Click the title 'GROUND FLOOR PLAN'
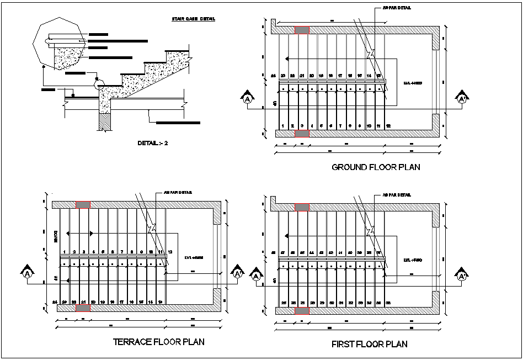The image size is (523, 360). (375, 167)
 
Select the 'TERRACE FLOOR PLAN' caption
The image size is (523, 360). (158, 342)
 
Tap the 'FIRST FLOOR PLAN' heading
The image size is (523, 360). (369, 344)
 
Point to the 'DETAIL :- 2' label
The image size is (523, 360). (152, 143)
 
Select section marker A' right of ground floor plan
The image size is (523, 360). (462, 99)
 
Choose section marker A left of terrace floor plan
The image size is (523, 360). (27, 273)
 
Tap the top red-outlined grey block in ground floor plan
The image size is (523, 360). (302, 30)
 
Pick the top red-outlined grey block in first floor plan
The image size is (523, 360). (302, 207)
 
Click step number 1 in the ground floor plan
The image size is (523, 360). (283, 126)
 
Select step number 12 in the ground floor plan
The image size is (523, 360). (388, 126)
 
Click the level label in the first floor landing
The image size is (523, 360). (413, 259)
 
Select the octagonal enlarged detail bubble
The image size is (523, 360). (59, 43)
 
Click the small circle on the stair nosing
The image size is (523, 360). (99, 83)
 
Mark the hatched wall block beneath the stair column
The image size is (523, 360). (104, 121)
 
